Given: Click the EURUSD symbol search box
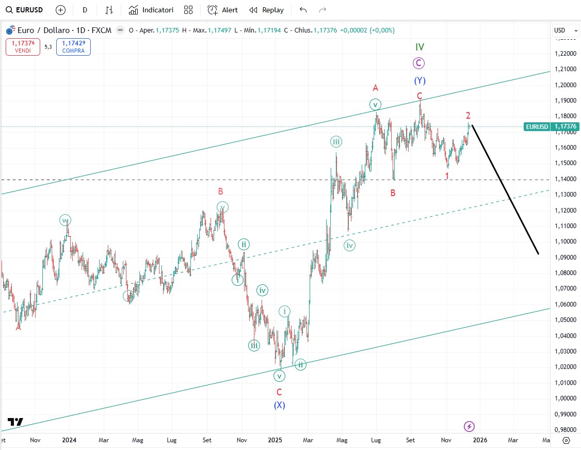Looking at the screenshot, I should click(25, 10).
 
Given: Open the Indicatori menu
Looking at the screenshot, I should click(151, 10).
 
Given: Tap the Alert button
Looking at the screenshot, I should click(223, 10).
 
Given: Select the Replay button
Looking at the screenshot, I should click(266, 10).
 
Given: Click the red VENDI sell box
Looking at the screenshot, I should click(23, 47).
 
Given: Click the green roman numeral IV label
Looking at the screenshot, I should click(419, 47).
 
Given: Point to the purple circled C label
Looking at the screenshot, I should click(418, 63).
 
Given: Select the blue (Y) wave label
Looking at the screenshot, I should click(419, 81).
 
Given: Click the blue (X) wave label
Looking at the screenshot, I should click(279, 405).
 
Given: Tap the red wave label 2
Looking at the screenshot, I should click(468, 116).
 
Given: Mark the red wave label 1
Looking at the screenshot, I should click(447, 176).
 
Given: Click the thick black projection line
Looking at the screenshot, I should click(506, 191).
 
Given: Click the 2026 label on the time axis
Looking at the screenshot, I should click(480, 440).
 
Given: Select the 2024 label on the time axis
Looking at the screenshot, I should click(69, 440).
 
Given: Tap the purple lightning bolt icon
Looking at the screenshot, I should click(469, 426).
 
